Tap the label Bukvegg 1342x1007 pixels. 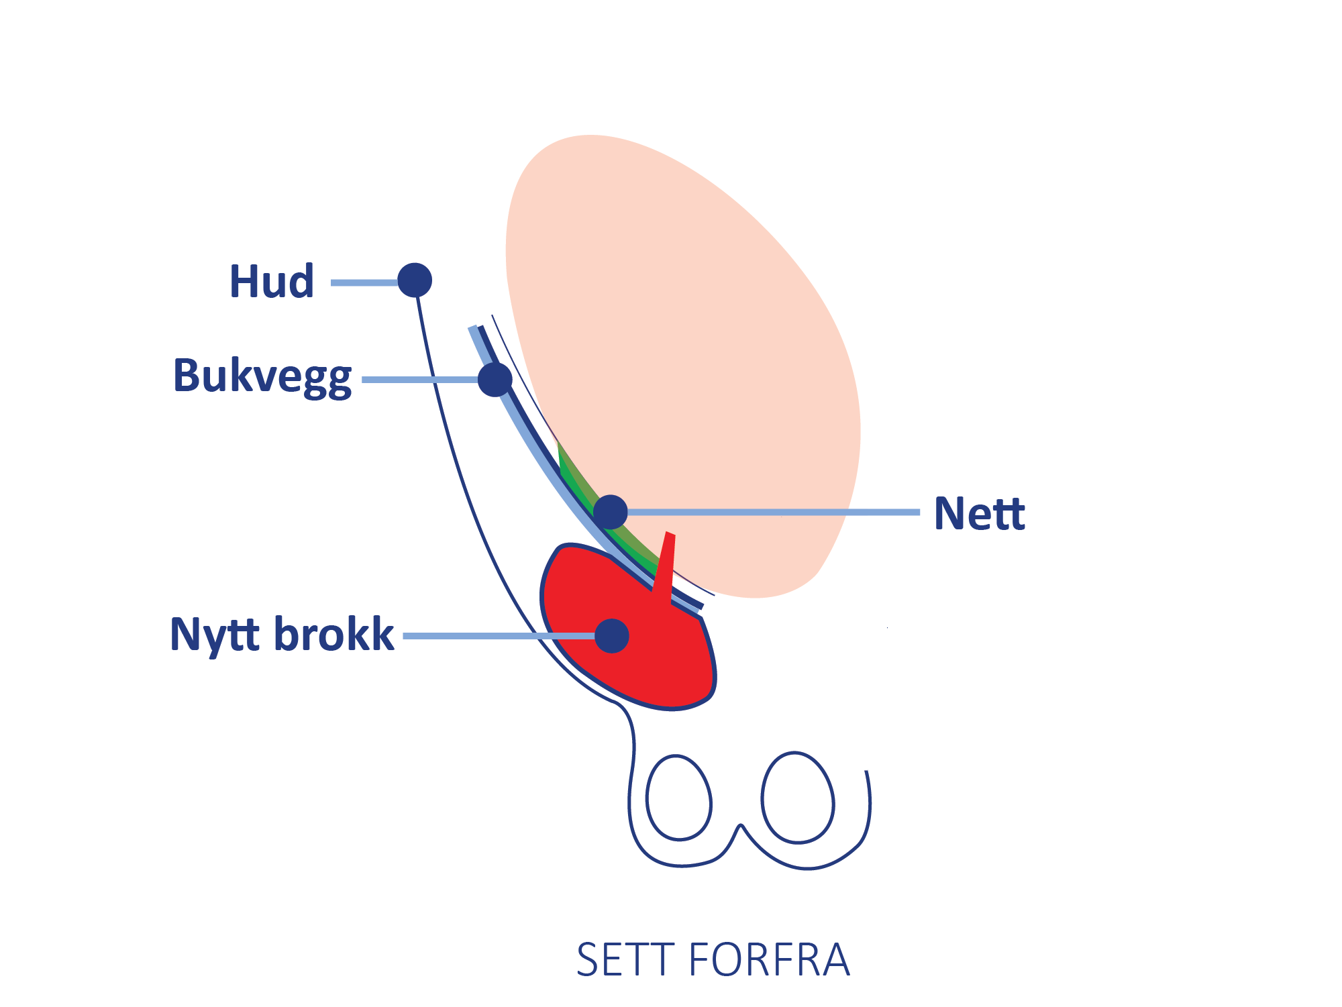[x=262, y=376]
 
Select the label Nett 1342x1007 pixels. [x=980, y=514]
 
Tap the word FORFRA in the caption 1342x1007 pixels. [x=770, y=959]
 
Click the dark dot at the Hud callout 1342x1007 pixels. [x=415, y=280]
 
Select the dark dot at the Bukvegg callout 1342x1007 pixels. [x=495, y=379]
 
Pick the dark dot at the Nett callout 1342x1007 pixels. [x=610, y=512]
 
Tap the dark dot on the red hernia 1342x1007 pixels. [x=611, y=635]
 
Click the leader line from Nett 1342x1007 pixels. [x=772, y=512]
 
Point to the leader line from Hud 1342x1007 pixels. [x=364, y=282]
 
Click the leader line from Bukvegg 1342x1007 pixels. [x=419, y=380]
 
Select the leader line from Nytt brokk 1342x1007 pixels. [x=497, y=635]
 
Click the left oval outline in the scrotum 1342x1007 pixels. [x=678, y=798]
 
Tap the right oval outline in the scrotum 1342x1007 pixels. [x=798, y=797]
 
